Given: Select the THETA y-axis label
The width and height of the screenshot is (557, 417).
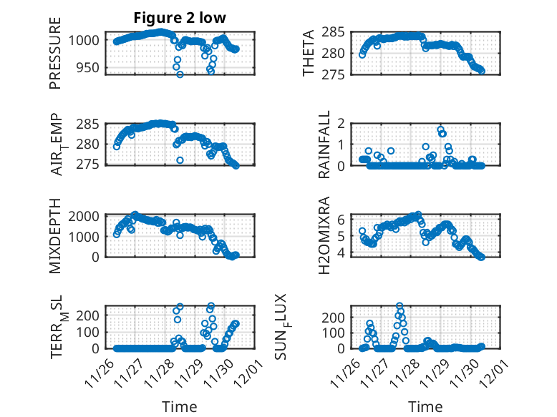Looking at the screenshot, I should click(309, 53).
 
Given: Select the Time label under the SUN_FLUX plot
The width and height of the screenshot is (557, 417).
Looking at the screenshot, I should click(425, 407).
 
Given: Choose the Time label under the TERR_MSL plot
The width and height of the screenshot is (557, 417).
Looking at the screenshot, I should click(180, 407).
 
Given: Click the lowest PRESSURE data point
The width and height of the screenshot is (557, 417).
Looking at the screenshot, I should click(180, 74).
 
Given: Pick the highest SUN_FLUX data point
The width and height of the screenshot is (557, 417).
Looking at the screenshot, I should click(399, 306).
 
